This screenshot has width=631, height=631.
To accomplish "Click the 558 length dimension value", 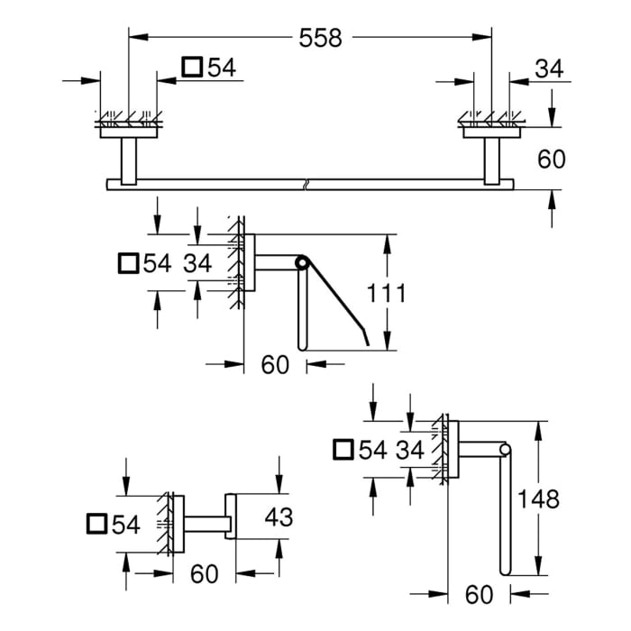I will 322,38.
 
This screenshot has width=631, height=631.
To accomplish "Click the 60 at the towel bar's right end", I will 551,159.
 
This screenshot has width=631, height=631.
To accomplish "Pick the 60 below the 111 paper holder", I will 275,365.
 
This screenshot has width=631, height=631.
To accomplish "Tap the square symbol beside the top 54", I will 192,67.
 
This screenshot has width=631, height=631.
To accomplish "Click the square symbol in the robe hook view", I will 98,524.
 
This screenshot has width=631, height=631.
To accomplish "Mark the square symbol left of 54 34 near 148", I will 344,448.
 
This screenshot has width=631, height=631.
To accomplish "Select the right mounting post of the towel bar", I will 494,160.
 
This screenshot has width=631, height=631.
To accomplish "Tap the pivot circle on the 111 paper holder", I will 300,262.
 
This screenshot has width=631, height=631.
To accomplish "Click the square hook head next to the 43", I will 230,517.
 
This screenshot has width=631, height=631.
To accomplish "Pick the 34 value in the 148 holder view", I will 410,449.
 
